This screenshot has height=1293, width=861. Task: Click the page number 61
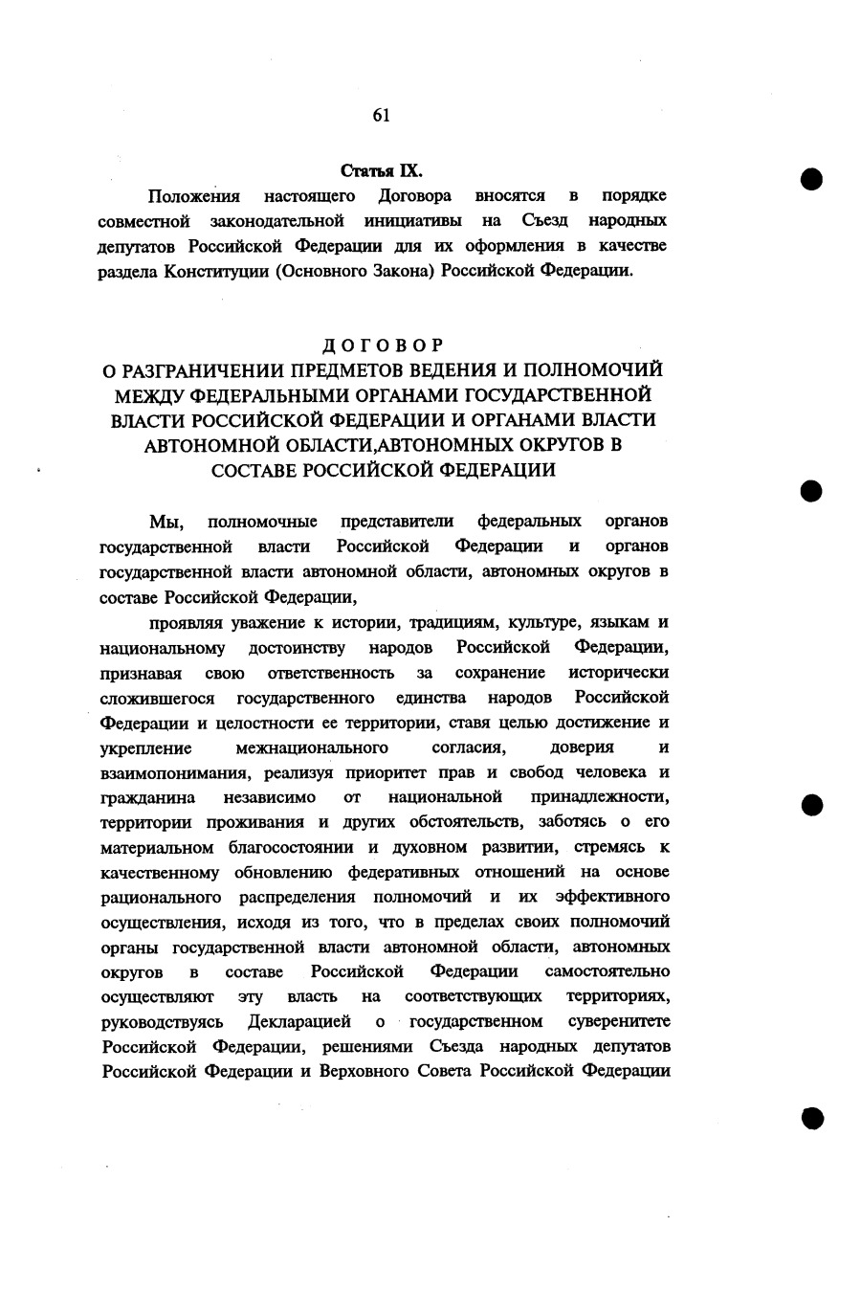click(381, 115)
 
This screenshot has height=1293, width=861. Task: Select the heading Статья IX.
click(382, 171)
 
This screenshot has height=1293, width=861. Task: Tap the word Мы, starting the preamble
click(166, 522)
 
